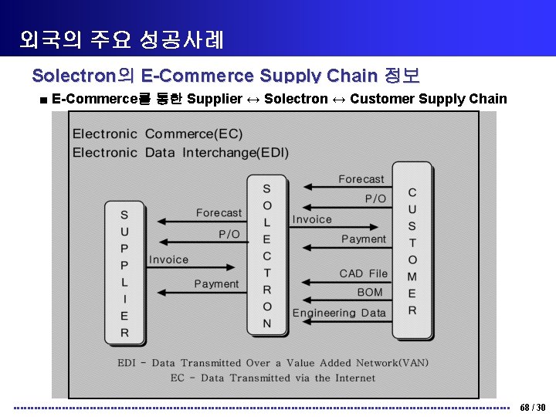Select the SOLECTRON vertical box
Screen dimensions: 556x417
click(x=266, y=256)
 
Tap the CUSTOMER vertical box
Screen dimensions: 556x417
click(x=412, y=250)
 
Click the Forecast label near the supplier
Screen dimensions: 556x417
click(x=219, y=212)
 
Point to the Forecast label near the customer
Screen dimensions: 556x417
click(x=361, y=179)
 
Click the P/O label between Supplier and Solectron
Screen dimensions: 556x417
click(x=229, y=233)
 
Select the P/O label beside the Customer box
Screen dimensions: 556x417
click(x=375, y=198)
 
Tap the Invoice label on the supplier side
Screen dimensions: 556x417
click(x=168, y=259)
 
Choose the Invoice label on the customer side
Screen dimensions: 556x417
click(x=312, y=219)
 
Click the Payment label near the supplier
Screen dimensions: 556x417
click(x=216, y=284)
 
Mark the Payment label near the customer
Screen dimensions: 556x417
click(x=363, y=239)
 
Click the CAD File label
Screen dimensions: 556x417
click(x=363, y=273)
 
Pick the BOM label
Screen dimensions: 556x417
click(x=370, y=293)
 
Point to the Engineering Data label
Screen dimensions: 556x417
click(x=339, y=313)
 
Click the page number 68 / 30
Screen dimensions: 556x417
click(x=533, y=407)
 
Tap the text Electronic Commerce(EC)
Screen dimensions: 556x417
click(x=157, y=134)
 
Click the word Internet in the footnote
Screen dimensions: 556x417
click(x=354, y=378)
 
